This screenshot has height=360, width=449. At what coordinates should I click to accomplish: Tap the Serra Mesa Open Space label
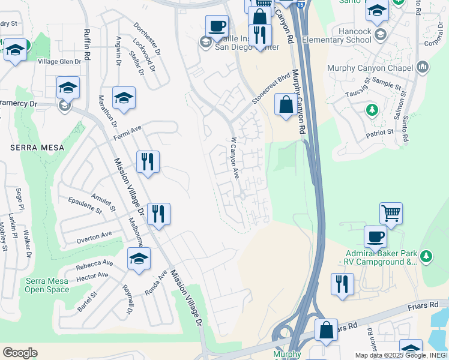point(47,285)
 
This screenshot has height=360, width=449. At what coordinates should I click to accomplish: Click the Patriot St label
point(380,131)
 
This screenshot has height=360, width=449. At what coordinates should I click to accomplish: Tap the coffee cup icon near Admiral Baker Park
point(376,237)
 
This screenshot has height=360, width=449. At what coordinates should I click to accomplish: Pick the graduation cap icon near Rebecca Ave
point(139,259)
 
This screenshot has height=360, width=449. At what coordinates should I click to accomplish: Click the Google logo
point(20,352)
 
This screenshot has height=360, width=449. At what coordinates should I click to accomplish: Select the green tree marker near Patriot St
point(372,110)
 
